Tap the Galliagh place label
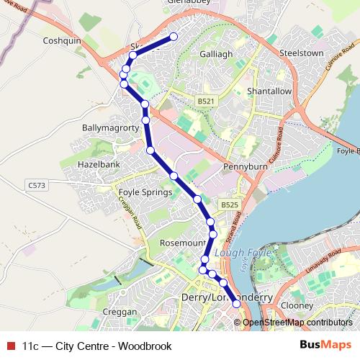point(215,54)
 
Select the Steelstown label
point(301,53)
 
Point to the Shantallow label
point(269,91)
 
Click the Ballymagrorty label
point(109,127)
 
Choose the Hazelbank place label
point(99,165)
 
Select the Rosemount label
point(183,243)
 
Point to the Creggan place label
point(120,312)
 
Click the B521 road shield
point(206,102)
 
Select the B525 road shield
point(229,205)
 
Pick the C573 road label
point(37,186)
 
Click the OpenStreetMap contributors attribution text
point(297,323)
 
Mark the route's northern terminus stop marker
point(173,37)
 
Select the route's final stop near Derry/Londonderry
point(236,304)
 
